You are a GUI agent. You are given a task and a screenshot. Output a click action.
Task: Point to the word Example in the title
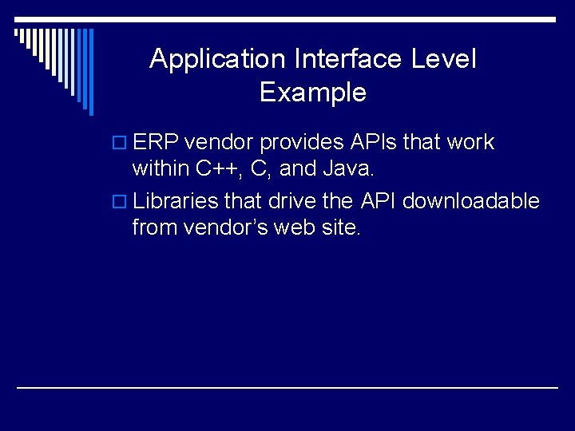point(313,93)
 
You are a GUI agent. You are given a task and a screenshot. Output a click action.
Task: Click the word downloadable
point(470,201)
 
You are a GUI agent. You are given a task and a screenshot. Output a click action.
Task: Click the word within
point(161,169)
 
